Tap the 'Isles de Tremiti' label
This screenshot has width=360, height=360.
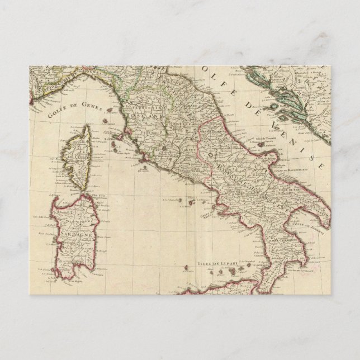(268, 138)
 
